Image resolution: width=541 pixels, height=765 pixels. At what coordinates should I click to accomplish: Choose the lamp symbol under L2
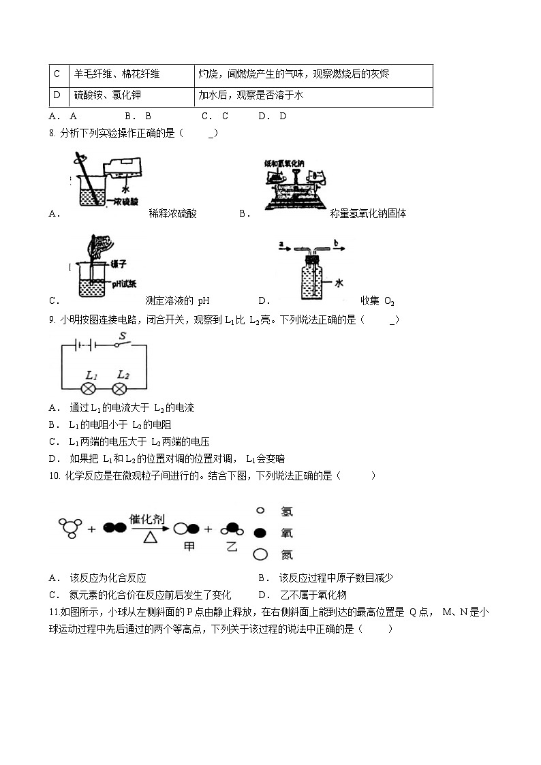point(120,389)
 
